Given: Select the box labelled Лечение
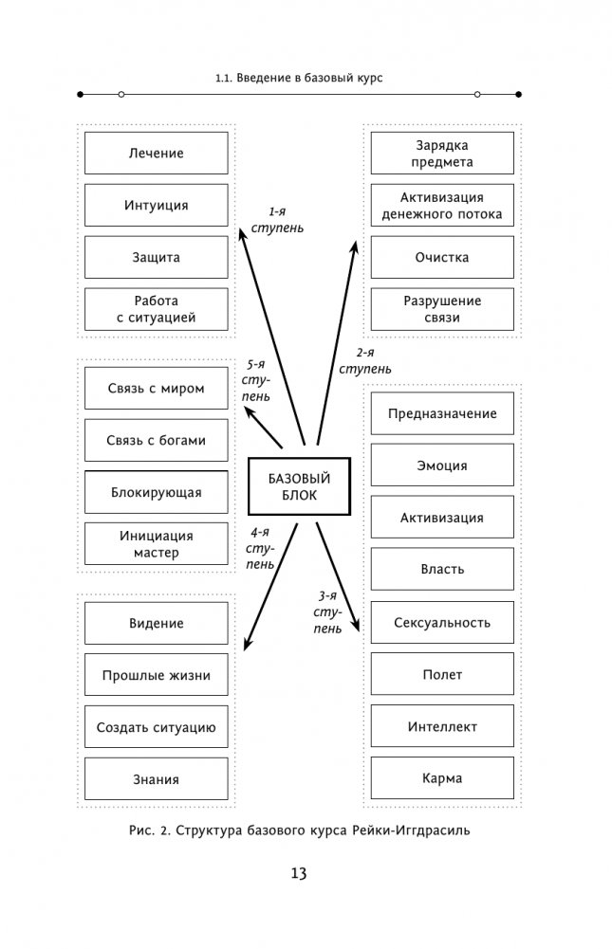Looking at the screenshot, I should (156, 153).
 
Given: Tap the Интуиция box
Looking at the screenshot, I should (156, 205).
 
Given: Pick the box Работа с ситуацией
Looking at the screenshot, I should (156, 309).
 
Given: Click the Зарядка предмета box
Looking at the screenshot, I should (441, 154).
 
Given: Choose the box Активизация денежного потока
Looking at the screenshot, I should (441, 206).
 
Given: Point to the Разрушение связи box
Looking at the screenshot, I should (441, 309).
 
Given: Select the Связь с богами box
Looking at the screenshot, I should (156, 440).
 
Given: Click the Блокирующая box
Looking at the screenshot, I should (156, 492).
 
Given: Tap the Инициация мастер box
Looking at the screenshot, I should (156, 544).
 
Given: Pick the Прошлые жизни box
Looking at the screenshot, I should (156, 676).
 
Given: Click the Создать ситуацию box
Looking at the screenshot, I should (156, 728).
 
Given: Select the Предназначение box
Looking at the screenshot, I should (441, 413).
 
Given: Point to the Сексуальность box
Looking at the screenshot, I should (441, 623).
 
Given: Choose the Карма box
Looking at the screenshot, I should (441, 779).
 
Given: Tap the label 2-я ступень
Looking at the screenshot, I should (365, 359).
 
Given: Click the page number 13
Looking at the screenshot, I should (299, 874).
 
